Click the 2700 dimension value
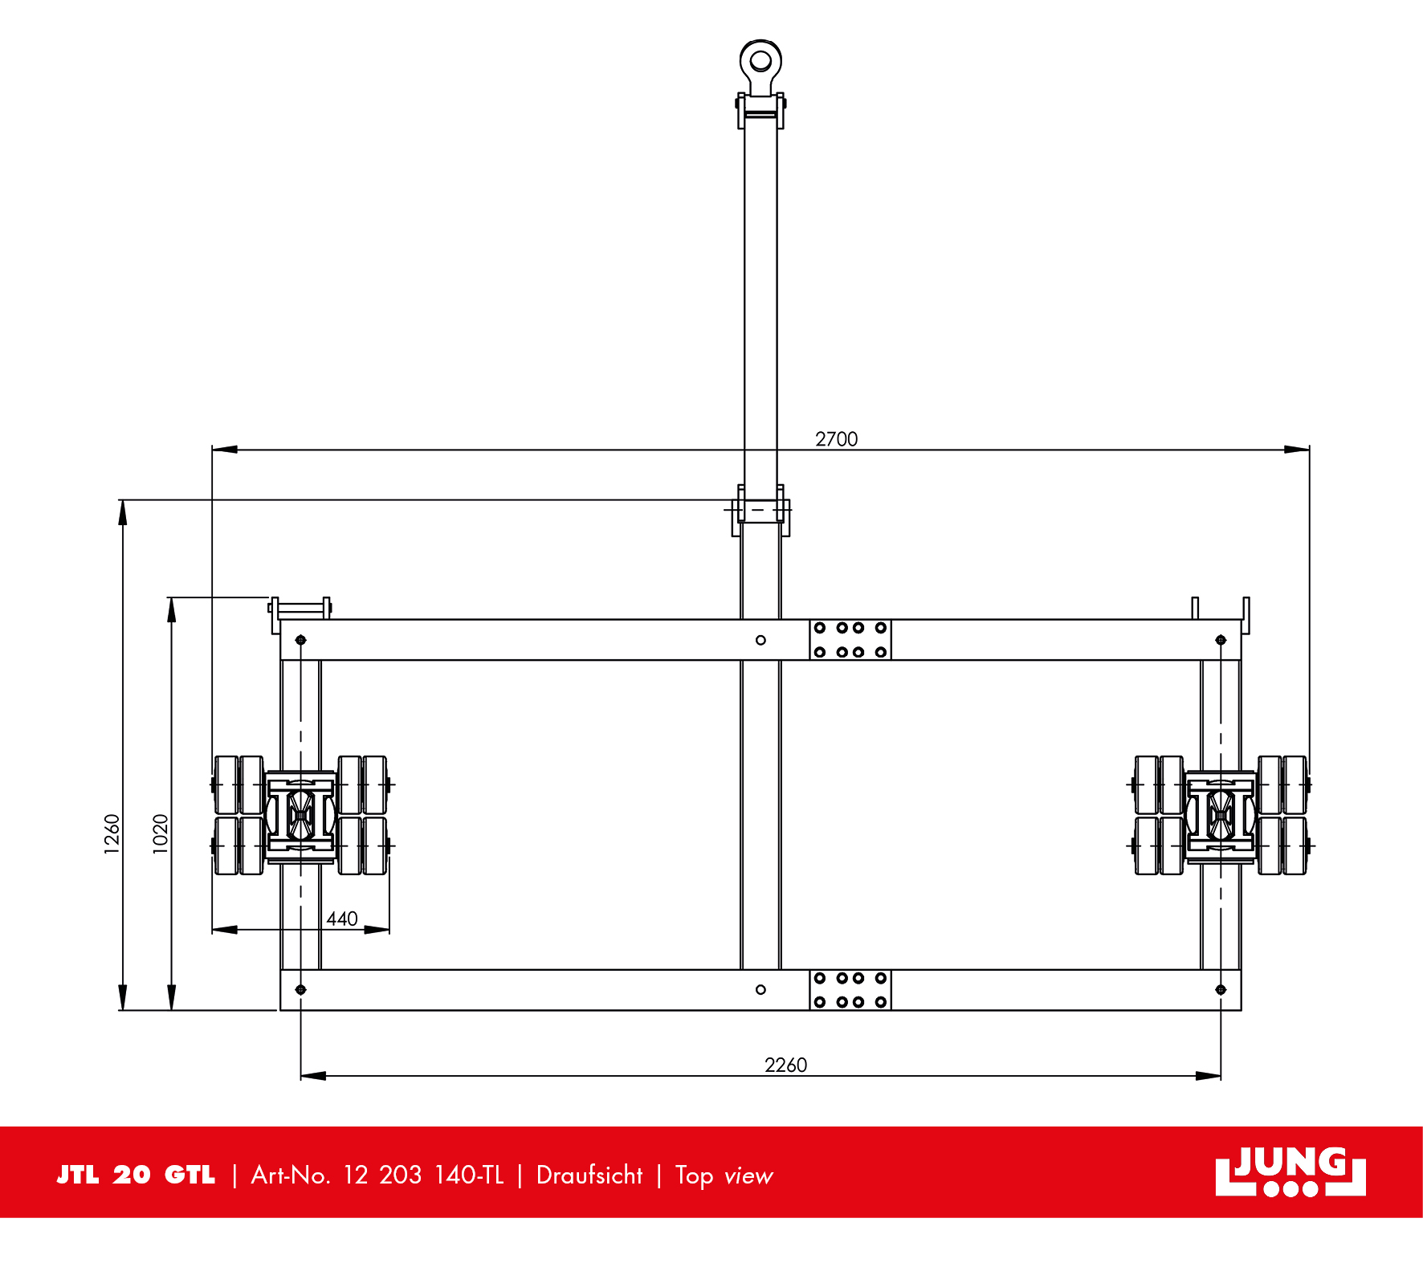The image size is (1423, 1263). click(836, 439)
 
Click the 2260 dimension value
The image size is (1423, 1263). click(785, 1065)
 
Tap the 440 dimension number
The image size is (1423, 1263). click(342, 919)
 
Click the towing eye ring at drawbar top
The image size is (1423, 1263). click(760, 61)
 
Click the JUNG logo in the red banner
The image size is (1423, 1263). click(1290, 1171)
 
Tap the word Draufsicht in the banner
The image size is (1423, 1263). click(589, 1175)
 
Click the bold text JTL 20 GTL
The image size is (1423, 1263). click(136, 1175)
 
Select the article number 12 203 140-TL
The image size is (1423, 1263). click(423, 1175)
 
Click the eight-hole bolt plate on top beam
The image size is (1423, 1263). click(850, 640)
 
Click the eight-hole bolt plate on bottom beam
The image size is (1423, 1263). click(850, 990)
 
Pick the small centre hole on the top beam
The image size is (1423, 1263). click(760, 640)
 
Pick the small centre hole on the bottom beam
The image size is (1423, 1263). click(760, 990)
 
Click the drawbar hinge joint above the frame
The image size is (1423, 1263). click(760, 511)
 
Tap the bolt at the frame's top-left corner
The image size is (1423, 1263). click(300, 640)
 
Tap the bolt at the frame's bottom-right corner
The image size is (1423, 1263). click(1221, 990)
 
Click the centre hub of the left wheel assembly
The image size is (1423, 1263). click(300, 816)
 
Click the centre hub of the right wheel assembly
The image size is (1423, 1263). click(1221, 816)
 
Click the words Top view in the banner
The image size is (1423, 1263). click(724, 1175)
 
